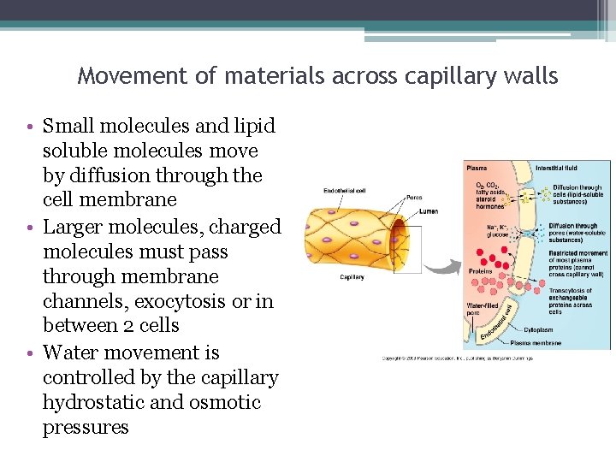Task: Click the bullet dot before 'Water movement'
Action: click(x=31, y=352)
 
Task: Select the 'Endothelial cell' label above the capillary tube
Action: click(x=344, y=190)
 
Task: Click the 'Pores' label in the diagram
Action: click(x=414, y=198)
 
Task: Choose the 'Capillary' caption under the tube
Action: click(x=352, y=277)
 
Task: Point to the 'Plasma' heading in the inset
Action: click(x=477, y=168)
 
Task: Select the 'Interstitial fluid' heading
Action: click(x=556, y=168)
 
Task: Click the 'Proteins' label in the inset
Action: click(x=480, y=271)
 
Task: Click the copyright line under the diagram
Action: click(x=457, y=358)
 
